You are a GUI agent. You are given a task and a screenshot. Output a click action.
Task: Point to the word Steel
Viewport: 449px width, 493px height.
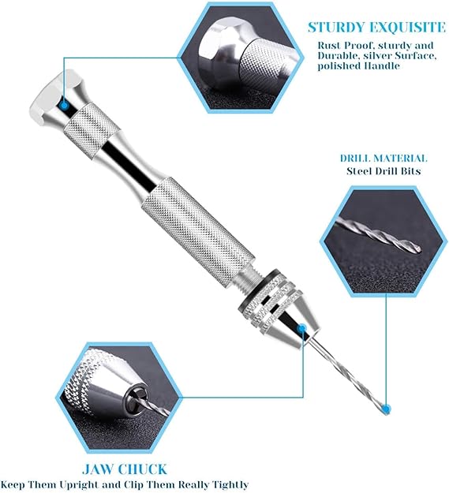[x=359, y=171]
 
